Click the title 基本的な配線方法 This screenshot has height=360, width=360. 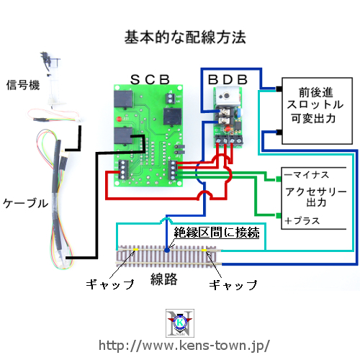point(185,37)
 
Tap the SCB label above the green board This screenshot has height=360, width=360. point(150,79)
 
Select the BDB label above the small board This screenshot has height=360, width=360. point(228,79)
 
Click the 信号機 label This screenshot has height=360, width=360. point(23,85)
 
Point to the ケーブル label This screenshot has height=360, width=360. point(26,203)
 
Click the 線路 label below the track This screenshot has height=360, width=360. point(164,279)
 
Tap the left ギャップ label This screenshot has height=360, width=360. point(110,284)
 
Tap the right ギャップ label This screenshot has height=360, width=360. point(233,285)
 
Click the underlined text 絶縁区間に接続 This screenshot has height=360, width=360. point(217,232)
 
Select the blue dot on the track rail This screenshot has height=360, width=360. point(167,250)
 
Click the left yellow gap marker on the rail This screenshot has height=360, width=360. point(136,250)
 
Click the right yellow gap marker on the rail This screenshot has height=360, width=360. point(204,251)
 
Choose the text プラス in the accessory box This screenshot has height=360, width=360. point(307,220)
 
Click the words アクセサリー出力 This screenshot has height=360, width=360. point(316,197)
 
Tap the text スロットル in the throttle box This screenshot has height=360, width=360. point(315,104)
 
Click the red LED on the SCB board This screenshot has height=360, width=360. point(119,119)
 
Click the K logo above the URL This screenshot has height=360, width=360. point(180,323)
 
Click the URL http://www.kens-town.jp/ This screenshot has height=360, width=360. point(184,346)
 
